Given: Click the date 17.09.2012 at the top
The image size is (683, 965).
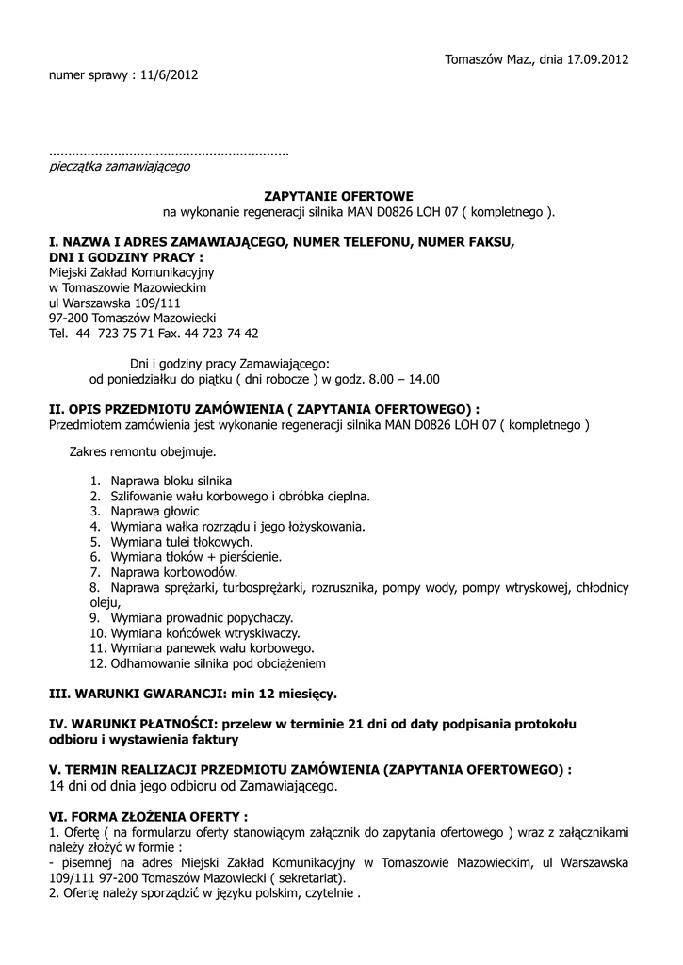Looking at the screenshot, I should (x=597, y=59).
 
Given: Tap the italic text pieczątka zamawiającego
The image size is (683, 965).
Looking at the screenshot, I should (x=119, y=166).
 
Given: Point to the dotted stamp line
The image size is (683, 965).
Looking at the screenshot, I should (x=169, y=151).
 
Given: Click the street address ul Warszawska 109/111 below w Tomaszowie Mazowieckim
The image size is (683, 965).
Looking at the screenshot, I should (x=114, y=303).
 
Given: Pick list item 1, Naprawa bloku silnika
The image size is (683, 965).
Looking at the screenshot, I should (x=171, y=481).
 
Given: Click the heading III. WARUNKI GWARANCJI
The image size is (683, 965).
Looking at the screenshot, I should (x=133, y=693).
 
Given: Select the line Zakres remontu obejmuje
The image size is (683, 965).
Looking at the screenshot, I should (x=142, y=451).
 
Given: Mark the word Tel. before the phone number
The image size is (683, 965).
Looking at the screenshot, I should (x=58, y=333).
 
